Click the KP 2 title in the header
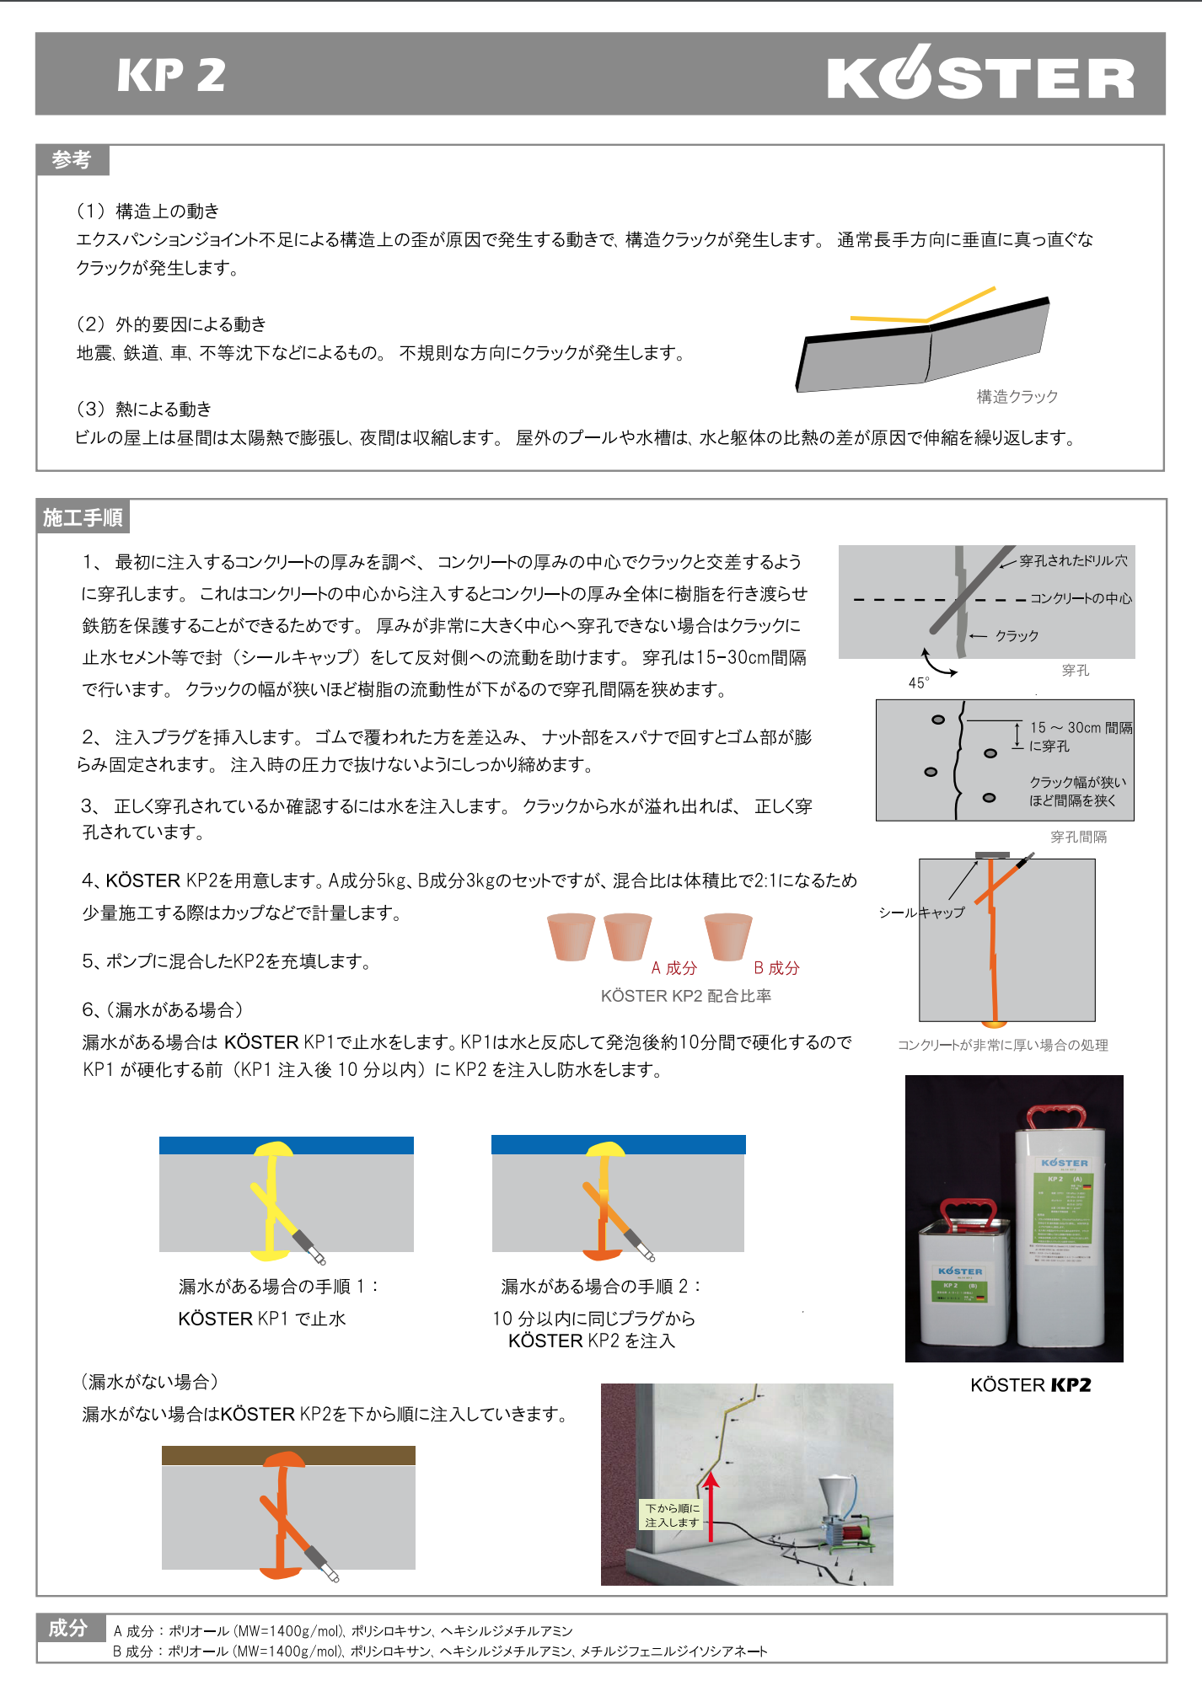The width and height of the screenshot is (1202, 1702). click(171, 75)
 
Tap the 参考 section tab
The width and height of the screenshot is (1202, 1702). click(72, 159)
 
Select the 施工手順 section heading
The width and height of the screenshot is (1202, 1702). click(83, 517)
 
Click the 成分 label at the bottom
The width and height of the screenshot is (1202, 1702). click(68, 1628)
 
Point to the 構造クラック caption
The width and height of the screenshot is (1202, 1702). click(1017, 396)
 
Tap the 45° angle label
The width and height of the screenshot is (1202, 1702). click(919, 682)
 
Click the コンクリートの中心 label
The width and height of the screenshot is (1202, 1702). click(1081, 598)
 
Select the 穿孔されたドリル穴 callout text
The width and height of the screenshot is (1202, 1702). click(1073, 560)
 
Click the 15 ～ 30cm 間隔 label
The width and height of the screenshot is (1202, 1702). click(1081, 727)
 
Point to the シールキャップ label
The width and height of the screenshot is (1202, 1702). click(921, 913)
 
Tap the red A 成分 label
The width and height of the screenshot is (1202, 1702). click(673, 968)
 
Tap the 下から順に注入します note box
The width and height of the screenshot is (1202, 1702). click(672, 1515)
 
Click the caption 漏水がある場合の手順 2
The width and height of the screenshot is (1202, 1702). click(601, 1286)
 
